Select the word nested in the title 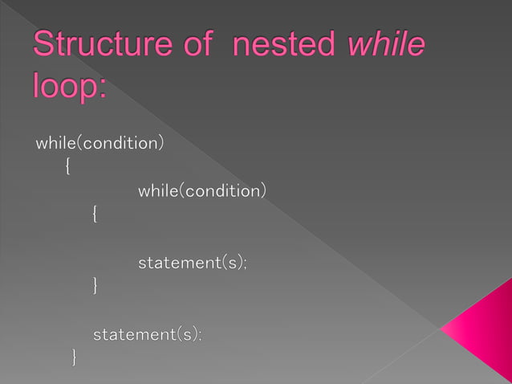[284, 46]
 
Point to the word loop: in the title [70, 85]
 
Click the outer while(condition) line [100, 144]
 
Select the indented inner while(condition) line [202, 191]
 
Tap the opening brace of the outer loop [67, 167]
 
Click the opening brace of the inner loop [95, 214]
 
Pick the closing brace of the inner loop [95, 285]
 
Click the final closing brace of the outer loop [74, 356]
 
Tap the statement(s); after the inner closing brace [148, 333]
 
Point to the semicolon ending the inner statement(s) [245, 265]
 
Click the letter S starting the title [42, 46]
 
